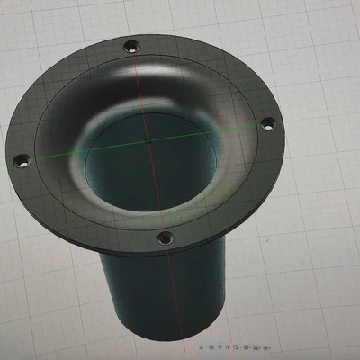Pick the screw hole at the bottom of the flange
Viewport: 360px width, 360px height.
coord(164,238)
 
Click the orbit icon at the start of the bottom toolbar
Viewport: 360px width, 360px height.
coord(202,346)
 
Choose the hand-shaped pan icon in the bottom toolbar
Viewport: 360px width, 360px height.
coord(220,346)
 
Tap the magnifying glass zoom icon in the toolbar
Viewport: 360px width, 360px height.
coord(236,346)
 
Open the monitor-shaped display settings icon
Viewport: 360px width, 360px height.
coord(246,346)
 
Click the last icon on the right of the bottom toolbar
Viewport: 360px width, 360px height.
coord(265,346)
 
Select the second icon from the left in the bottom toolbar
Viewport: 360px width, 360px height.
coord(211,346)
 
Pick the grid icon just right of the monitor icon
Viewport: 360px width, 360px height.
coord(256,346)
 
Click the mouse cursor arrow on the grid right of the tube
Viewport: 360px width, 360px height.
coord(266,239)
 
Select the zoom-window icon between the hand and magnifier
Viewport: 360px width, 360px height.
coord(228,346)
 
